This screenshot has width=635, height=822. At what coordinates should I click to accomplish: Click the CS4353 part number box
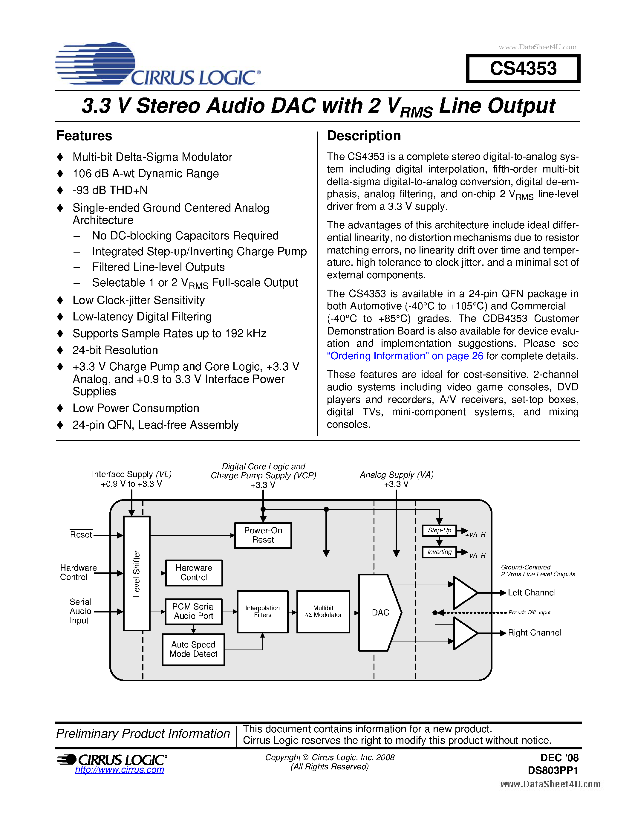pos(523,68)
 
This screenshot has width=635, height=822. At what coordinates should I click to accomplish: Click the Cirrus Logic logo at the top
pos(158,64)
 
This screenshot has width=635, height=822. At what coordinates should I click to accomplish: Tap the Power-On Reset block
pos(263,535)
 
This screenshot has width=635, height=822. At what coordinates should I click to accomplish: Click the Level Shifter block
pos(137,573)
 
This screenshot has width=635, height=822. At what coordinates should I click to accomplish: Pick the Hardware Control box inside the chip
pos(194,573)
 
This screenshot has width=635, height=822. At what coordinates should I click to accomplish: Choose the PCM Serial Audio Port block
pos(193,611)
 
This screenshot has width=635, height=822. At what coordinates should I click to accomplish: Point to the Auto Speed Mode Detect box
pos(193,649)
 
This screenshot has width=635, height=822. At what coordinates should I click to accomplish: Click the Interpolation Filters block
pos(263,612)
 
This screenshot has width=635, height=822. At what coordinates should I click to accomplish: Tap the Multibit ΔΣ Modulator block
pos(323,612)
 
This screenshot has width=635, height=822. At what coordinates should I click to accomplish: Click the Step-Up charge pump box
pos(439,531)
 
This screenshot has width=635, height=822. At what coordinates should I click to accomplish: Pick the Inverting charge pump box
pos(439,552)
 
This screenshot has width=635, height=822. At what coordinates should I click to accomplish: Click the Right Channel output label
pos(534,633)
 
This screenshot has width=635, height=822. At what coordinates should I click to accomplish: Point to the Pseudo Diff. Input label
pos(529,613)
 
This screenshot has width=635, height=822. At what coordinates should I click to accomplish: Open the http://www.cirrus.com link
pos(120,770)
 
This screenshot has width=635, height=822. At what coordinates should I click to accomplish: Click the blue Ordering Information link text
pos(405,356)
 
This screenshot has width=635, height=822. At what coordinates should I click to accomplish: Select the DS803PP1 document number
pos(553,770)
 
